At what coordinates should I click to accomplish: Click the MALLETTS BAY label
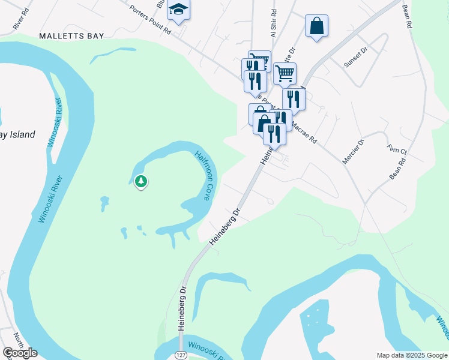pyautogui.click(x=71, y=36)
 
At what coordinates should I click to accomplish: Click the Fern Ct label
pyautogui.click(x=397, y=149)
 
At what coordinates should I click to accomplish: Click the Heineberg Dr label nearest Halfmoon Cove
pyautogui.click(x=224, y=227)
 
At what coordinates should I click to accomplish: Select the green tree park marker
pyautogui.click(x=140, y=181)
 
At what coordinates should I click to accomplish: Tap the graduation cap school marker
pyautogui.click(x=178, y=9)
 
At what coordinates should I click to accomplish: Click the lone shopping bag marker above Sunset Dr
pyautogui.click(x=316, y=26)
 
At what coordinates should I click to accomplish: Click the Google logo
pyautogui.click(x=20, y=353)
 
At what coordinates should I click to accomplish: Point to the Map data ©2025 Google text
pyautogui.click(x=411, y=355)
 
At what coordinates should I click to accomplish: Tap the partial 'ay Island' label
pyautogui.click(x=18, y=134)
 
